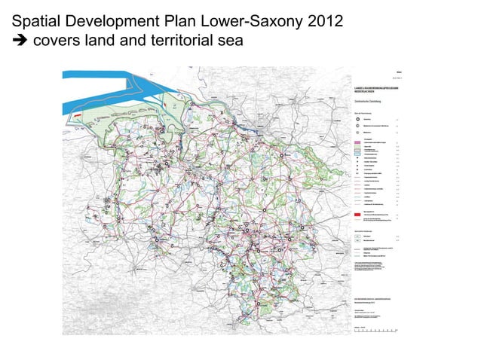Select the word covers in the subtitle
tap(57, 40)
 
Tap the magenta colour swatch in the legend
tap(358, 142)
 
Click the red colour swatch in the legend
tap(358, 213)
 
